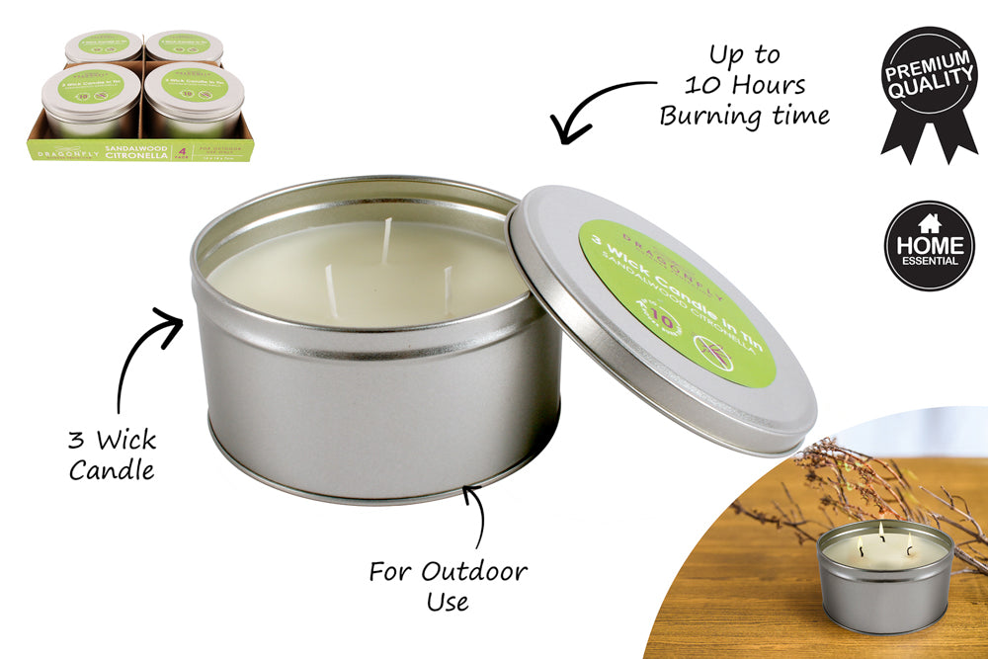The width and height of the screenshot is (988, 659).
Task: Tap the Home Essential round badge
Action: click(929, 246)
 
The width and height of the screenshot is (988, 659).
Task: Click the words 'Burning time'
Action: click(744, 116)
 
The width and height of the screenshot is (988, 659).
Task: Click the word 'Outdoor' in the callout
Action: click(474, 571)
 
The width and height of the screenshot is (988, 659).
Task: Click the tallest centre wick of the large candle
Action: click(387, 241)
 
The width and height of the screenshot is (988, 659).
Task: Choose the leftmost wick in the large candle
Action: click(331, 292)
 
